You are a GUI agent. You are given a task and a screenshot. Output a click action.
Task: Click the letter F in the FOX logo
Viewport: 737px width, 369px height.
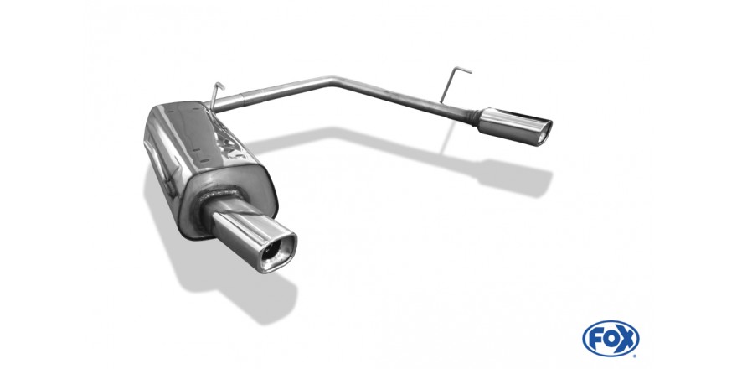click(x=595, y=339)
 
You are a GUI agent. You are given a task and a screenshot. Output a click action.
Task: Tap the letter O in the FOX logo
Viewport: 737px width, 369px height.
click(x=611, y=339)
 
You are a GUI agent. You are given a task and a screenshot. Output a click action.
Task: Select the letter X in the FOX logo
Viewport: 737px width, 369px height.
click(x=627, y=339)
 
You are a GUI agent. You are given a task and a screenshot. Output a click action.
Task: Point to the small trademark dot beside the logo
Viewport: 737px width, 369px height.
click(x=635, y=356)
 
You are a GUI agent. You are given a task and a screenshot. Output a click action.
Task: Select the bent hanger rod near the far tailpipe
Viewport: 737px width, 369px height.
click(x=452, y=84)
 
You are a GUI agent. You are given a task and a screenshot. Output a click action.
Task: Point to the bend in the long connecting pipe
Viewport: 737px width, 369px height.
click(x=335, y=81)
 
